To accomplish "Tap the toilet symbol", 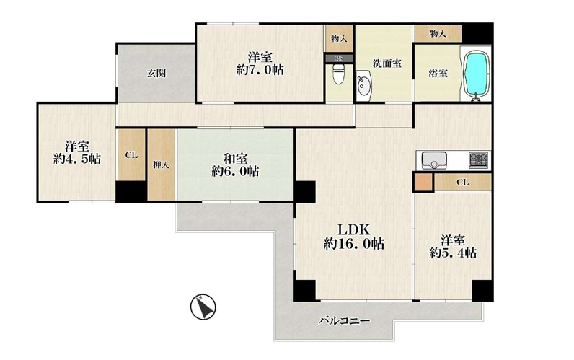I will pyautogui.click(x=338, y=76).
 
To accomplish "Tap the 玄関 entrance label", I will pyautogui.click(x=157, y=73).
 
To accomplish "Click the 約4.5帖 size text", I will pyautogui.click(x=76, y=159).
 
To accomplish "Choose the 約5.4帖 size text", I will pyautogui.click(x=452, y=253).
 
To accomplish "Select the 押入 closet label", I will pyautogui.click(x=161, y=164).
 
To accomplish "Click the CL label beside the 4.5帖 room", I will pyautogui.click(x=131, y=154).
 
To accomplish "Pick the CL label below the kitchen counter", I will pyautogui.click(x=462, y=183).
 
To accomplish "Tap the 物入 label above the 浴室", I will pyautogui.click(x=438, y=34).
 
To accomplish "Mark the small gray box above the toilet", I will pyautogui.click(x=338, y=58).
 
